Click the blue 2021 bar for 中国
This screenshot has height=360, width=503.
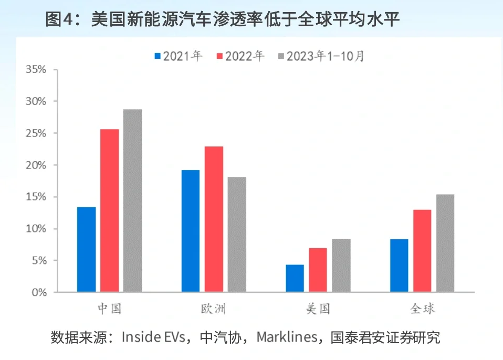click(x=87, y=249)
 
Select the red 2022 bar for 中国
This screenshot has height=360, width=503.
click(x=109, y=210)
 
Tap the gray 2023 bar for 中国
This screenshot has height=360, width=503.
click(x=132, y=200)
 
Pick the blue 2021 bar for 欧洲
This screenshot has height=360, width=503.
click(x=191, y=231)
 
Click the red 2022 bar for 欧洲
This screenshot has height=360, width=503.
click(x=214, y=219)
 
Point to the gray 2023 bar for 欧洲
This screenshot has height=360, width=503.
click(x=237, y=234)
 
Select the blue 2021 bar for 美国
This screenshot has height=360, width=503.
click(x=295, y=278)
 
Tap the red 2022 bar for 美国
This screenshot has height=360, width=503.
click(x=318, y=270)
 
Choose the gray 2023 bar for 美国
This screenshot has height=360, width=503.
click(x=341, y=266)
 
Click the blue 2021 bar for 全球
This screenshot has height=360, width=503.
click(x=399, y=266)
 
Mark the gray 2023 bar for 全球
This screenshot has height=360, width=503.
click(x=445, y=243)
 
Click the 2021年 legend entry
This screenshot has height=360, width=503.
click(x=178, y=56)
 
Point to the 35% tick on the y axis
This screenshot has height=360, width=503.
click(x=36, y=69)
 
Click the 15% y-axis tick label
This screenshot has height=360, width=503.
click(x=36, y=197)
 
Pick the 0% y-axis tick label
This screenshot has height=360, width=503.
click(x=39, y=292)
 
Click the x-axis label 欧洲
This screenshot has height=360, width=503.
click(x=213, y=309)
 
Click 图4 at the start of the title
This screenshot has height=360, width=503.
click(x=61, y=20)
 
